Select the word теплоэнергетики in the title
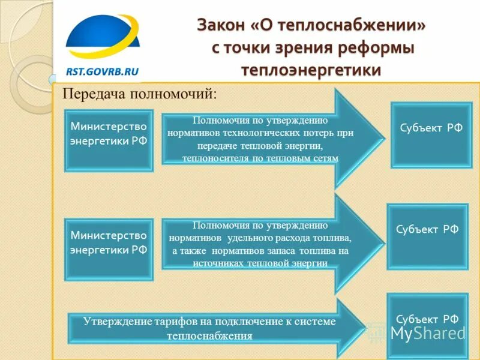point(311,70)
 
